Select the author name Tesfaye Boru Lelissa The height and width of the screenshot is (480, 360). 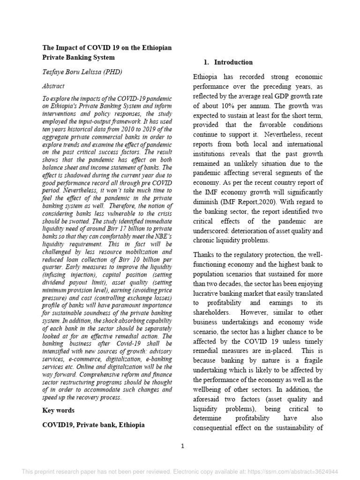point(75,72)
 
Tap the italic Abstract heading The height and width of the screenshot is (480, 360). point(53,86)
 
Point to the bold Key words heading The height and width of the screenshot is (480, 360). point(59,410)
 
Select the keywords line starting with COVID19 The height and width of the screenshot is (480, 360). point(93,425)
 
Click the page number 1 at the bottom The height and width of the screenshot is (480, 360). point(183,446)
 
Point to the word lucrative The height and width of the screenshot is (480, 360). point(208,293)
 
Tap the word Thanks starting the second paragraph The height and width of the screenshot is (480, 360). point(204,255)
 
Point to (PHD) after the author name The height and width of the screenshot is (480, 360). point(110,72)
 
